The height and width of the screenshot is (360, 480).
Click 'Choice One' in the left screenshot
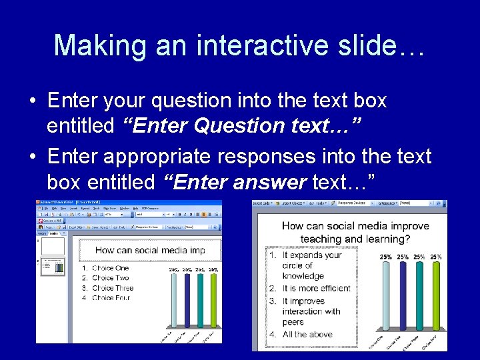[110, 268]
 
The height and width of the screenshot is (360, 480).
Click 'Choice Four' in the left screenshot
[111, 298]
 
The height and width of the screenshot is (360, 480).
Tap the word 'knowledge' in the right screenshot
[303, 276]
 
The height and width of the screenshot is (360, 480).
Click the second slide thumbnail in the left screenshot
[53, 266]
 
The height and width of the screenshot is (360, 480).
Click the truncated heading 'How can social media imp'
[149, 251]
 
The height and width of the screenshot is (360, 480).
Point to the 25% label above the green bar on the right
[436, 257]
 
